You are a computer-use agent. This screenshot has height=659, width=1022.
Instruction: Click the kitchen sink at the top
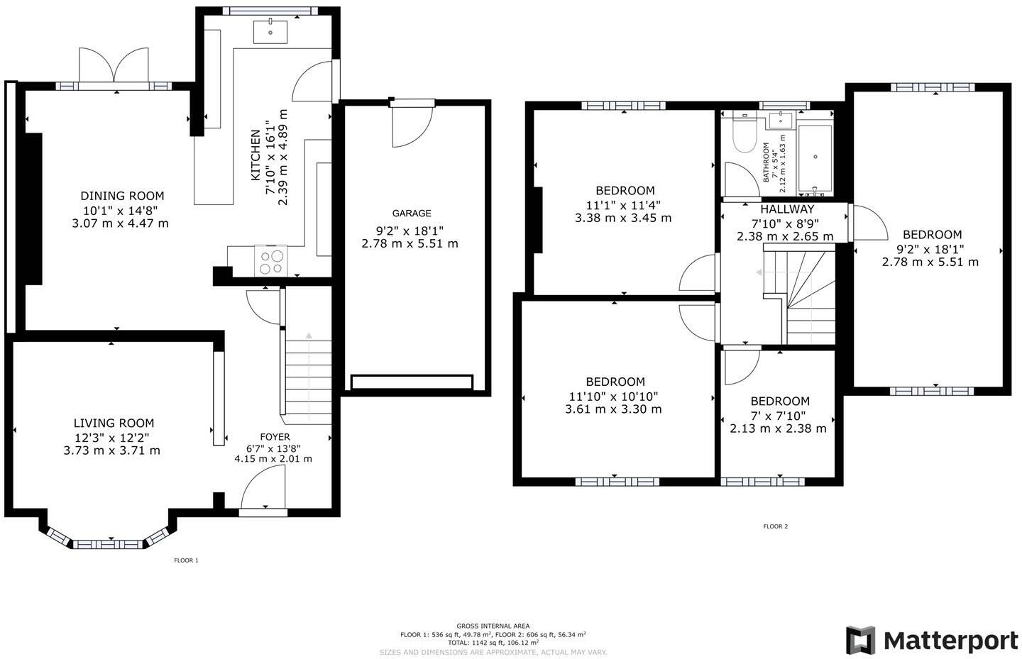point(270,32)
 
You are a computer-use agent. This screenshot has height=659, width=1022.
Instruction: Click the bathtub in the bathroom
point(815,159)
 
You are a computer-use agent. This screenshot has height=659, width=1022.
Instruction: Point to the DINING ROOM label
point(122,196)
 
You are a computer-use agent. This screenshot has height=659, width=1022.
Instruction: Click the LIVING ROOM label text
point(114,423)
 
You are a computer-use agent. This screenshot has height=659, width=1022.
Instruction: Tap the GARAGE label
point(412,214)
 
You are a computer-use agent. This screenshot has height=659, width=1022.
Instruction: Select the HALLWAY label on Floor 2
point(787,210)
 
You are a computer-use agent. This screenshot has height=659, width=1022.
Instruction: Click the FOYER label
point(275,437)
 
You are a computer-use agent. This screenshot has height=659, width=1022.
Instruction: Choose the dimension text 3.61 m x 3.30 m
point(613,409)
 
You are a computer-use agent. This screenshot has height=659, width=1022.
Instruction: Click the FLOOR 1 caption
point(186,560)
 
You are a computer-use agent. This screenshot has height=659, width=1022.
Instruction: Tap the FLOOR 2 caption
point(775,526)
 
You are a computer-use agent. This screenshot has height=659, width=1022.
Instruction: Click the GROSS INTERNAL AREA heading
point(493,626)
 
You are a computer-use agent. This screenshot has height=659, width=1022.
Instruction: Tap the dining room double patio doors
point(114,65)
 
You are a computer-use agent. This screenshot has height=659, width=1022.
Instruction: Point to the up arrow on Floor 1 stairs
point(309,335)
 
